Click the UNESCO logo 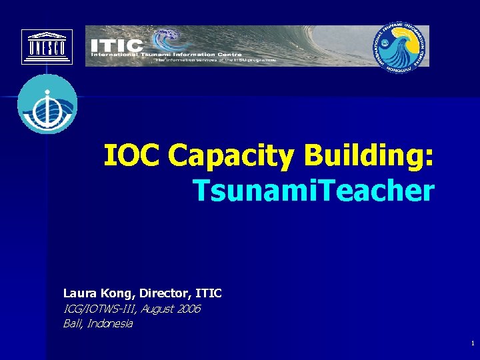click(x=47, y=47)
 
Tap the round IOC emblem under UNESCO click(x=47, y=105)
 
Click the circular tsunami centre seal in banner click(x=399, y=46)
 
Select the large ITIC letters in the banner click(x=117, y=45)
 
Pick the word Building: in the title click(x=369, y=157)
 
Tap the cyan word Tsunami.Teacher click(x=313, y=191)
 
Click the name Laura click(x=79, y=293)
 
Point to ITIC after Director click(x=209, y=293)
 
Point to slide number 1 click(x=472, y=343)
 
